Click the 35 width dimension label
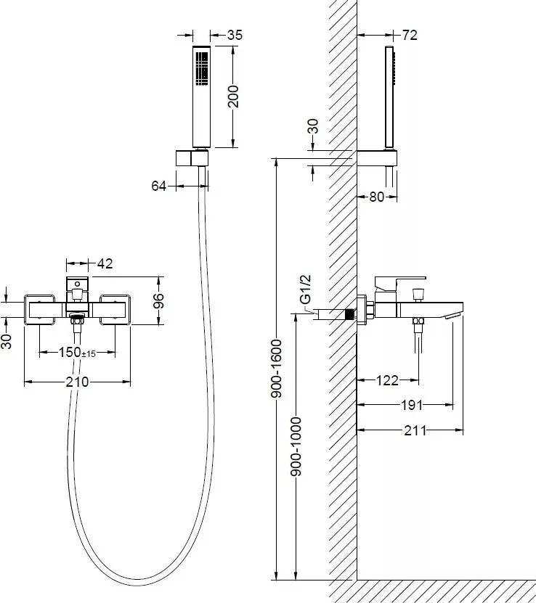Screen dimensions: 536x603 click(x=235, y=35)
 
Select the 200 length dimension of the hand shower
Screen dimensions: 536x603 click(x=233, y=97)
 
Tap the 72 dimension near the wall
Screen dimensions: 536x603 click(x=410, y=35)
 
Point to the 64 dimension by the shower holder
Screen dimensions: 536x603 click(x=158, y=186)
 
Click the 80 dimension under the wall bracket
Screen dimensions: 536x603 click(x=377, y=197)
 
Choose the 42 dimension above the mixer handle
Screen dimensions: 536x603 click(x=105, y=263)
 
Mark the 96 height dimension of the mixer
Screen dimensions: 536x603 click(x=158, y=300)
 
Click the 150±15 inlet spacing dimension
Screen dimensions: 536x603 click(x=77, y=352)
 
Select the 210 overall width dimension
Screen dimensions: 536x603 click(x=77, y=382)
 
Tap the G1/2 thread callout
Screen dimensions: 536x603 click(x=306, y=290)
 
